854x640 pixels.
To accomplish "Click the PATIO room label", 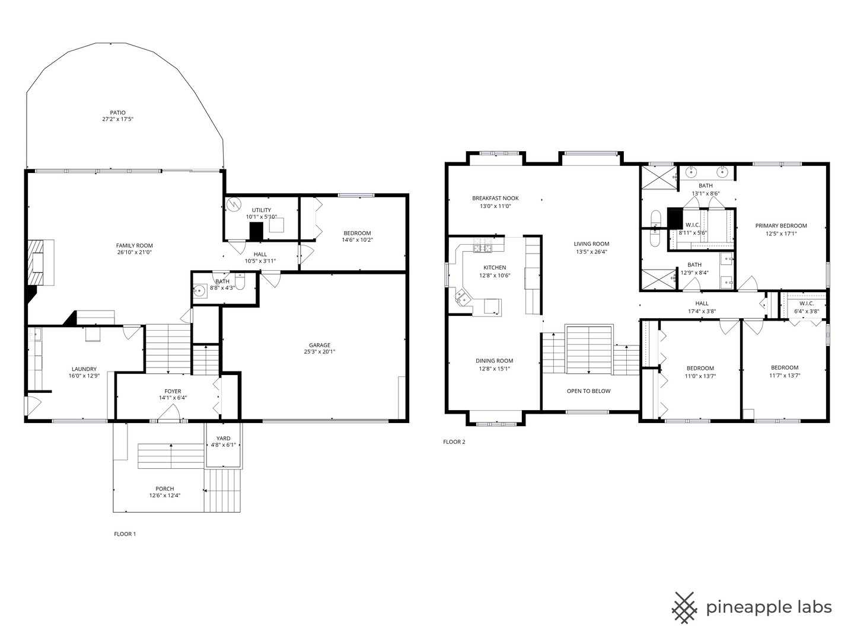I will coord(117,113).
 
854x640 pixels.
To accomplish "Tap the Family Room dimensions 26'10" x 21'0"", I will coord(134,252).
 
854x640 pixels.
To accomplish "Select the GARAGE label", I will coord(319,345).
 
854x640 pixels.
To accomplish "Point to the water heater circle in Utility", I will coord(232,203).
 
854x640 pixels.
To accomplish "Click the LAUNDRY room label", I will coord(84,369).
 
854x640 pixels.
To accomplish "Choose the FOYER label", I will coord(173,391).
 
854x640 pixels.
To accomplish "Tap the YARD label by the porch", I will coord(223,439).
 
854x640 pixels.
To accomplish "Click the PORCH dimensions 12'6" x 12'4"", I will coord(164,495).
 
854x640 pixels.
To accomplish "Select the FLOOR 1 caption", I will coord(125,534).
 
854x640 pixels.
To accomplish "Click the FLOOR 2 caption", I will coord(454,441).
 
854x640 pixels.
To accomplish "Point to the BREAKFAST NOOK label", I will coord(495,199).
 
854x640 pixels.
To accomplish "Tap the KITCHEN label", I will coord(495,268).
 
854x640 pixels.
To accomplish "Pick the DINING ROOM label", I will coord(494,361).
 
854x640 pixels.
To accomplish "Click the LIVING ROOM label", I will coord(591,244).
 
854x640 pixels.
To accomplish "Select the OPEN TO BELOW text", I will coord(588,391).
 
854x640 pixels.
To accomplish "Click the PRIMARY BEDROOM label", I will coord(780,226).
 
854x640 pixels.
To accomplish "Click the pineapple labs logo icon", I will coord(684,607).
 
